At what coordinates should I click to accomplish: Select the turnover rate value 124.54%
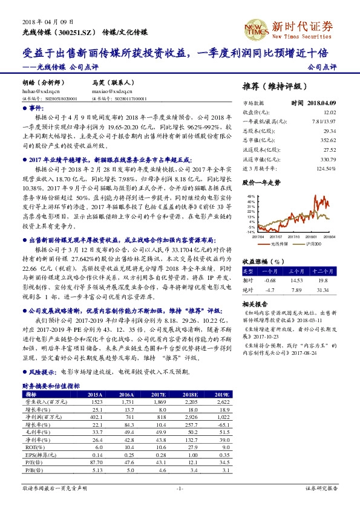click(x=342, y=168)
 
